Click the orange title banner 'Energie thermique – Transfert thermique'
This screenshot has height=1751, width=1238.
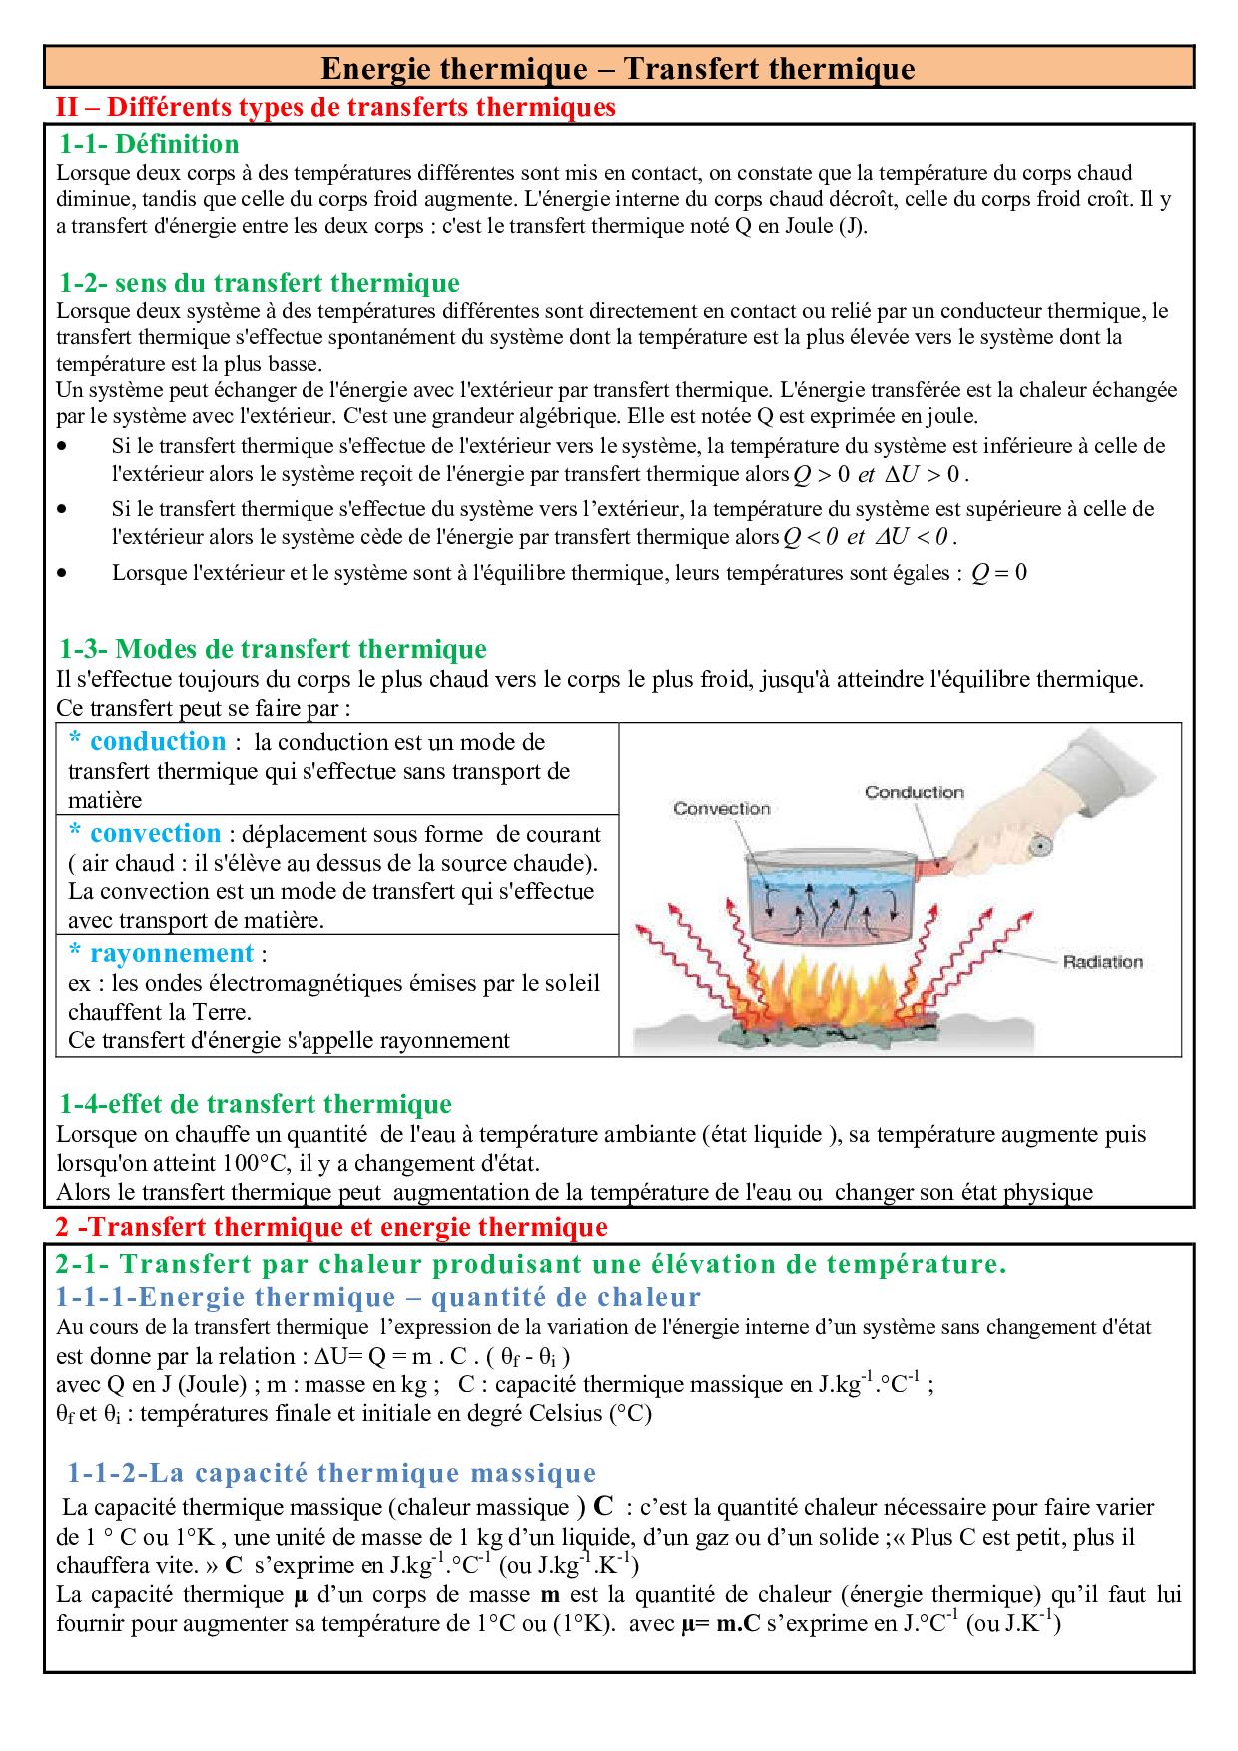click(618, 69)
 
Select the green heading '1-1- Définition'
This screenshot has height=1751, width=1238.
click(149, 144)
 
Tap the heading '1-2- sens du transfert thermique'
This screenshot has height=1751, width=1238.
click(260, 283)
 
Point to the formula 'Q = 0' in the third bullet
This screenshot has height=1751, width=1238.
click(998, 573)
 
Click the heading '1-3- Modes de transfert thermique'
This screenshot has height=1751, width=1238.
click(273, 649)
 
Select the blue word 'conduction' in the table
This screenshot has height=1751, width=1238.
click(158, 742)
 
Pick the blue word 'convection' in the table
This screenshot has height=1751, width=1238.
click(155, 834)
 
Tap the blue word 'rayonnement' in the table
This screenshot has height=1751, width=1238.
click(171, 953)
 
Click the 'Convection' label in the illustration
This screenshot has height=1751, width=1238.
click(721, 808)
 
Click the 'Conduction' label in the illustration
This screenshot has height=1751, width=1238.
click(914, 792)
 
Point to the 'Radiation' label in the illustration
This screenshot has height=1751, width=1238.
click(1102, 962)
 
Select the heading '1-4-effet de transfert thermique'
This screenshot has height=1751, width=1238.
click(256, 1104)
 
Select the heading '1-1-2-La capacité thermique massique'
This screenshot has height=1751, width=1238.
click(331, 1473)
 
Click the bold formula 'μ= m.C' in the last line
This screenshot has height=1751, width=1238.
click(721, 1623)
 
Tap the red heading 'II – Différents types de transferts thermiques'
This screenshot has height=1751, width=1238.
click(334, 106)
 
